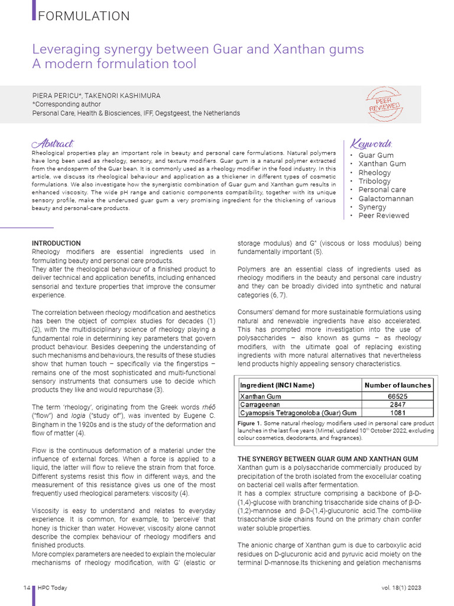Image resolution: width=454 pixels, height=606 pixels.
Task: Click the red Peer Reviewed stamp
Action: (x=385, y=104)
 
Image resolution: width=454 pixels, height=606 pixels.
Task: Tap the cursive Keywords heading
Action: (x=371, y=144)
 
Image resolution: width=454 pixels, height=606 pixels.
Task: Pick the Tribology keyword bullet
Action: (x=374, y=181)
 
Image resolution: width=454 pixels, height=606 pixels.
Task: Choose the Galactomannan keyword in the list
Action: (x=385, y=199)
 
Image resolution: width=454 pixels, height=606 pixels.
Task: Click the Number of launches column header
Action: (x=397, y=385)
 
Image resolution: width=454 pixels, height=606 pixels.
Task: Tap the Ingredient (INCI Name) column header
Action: (x=277, y=385)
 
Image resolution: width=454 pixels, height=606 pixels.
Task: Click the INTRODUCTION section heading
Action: (x=56, y=243)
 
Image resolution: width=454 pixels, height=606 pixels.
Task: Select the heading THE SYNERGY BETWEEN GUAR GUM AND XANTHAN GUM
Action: (x=327, y=459)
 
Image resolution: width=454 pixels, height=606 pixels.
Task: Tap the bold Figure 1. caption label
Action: (x=249, y=424)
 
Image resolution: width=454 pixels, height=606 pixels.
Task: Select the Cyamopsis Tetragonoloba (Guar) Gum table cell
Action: (x=298, y=412)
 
